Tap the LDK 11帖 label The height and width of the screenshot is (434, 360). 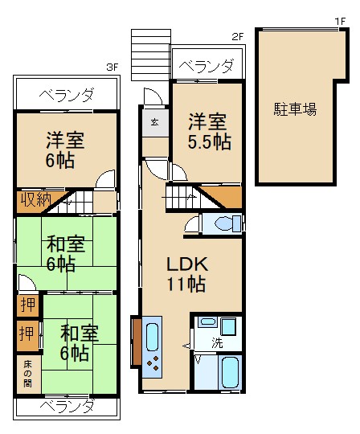[x=187, y=273]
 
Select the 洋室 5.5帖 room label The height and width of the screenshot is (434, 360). [x=208, y=132]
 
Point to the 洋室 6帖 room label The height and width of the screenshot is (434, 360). [x=60, y=149]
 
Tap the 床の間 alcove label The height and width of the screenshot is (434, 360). [x=27, y=375]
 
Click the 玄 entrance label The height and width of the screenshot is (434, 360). [x=153, y=122]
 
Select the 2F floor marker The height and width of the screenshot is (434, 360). [x=237, y=36]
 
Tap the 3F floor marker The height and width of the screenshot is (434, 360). [x=112, y=68]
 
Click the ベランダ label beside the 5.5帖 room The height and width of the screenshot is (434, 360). [x=207, y=66]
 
